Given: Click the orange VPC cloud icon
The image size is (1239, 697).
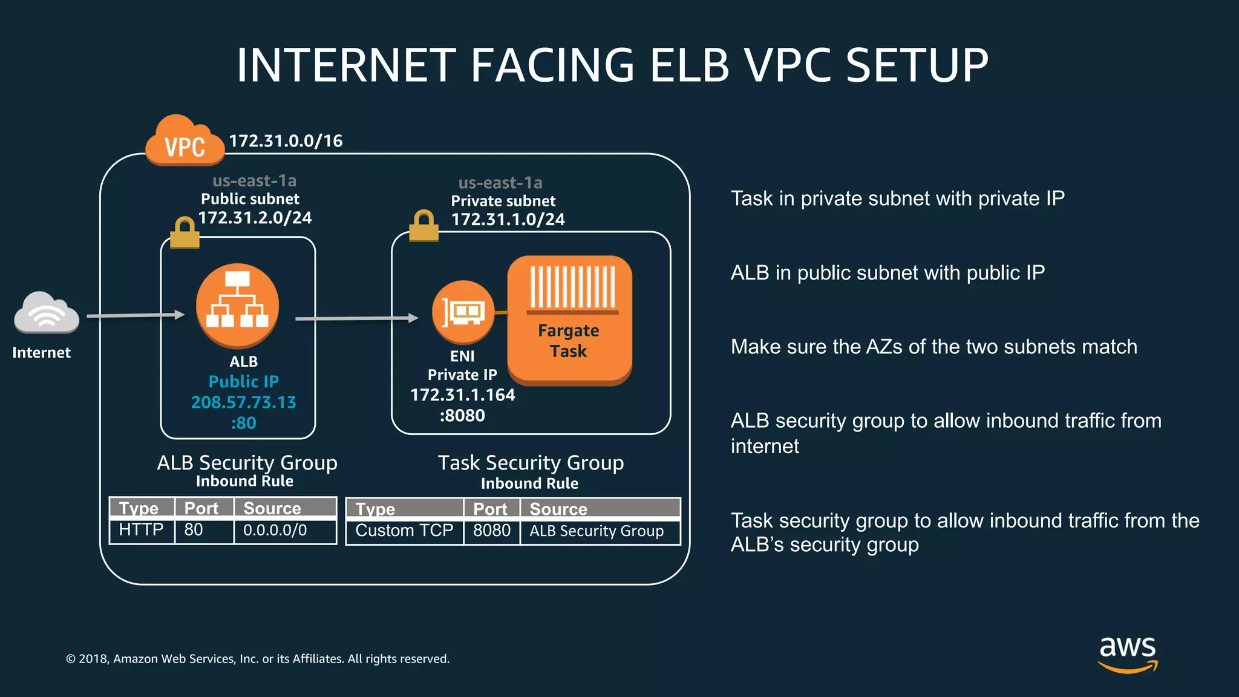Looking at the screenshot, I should point(185,142).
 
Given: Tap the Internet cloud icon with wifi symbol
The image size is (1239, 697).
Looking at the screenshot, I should point(47,313).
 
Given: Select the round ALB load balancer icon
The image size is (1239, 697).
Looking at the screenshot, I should point(238,305).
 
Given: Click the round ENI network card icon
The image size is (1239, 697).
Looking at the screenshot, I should point(463,312).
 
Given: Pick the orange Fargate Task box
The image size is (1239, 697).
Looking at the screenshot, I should point(569,320).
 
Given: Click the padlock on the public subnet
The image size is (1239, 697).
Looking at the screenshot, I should point(185,233).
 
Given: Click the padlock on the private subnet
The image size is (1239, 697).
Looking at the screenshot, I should point(423,226).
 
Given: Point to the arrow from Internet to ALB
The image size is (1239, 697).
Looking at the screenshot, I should point(136,315).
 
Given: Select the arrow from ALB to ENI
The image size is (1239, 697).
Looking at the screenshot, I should point(356,318).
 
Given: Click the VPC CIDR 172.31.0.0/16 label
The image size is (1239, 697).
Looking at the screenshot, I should point(286,141).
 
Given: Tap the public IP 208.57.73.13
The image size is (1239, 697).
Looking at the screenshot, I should point(244,402).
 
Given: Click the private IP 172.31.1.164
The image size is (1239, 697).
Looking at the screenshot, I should point(463,395).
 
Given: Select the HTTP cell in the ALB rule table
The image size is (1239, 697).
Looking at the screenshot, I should point(142,530).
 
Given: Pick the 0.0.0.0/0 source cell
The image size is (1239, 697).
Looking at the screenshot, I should point(275,530).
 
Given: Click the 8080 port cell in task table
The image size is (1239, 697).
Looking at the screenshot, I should point(492,531).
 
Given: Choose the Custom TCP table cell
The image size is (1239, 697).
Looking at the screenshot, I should point(404,531).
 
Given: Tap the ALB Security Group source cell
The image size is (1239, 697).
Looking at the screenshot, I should point(597,531).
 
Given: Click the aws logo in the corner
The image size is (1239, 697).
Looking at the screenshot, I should point(1128,653).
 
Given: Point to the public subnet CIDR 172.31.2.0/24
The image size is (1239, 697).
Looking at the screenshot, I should point(255,218).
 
